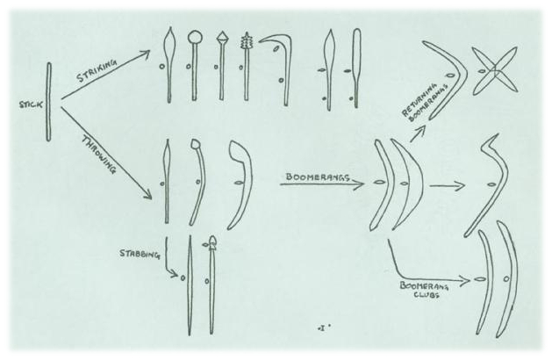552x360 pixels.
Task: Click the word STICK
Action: pos(31,104)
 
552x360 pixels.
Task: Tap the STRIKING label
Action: pos(97,71)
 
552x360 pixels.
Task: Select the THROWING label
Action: pos(99,155)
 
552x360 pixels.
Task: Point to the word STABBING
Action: pos(140,254)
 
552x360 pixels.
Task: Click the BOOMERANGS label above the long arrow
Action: pos(318,176)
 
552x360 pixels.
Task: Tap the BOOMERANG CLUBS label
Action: pos(424,289)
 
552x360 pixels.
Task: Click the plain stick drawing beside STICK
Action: pos(49,102)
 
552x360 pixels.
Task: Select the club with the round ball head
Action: pos(194,66)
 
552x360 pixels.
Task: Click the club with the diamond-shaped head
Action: pos(222,66)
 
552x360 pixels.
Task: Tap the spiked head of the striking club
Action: pos(246,41)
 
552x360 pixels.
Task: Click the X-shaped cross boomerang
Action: pos(495,70)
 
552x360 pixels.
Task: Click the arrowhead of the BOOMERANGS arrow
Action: pos(359,184)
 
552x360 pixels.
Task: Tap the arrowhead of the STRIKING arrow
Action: pos(144,54)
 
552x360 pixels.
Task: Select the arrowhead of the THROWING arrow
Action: pos(147,194)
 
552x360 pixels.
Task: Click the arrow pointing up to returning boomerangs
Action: pos(419,133)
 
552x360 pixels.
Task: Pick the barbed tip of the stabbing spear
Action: pos(212,243)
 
